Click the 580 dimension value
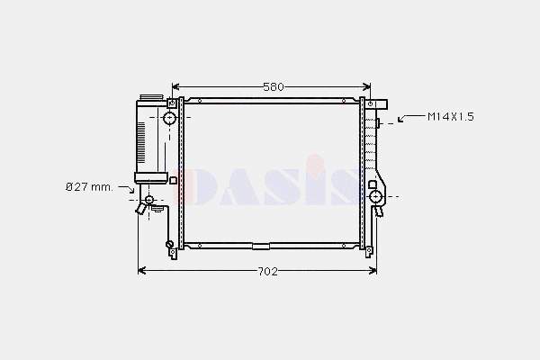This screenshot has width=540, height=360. pos(274,86)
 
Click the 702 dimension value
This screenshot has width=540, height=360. pos(268,272)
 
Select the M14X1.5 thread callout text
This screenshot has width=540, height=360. pos(451,116)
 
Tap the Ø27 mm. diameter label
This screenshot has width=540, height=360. pos(89,187)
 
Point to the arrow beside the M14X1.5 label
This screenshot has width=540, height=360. pos(411,118)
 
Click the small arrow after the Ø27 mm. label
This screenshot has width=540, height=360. pos(126,189)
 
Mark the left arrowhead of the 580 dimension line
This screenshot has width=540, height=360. pos(175,86)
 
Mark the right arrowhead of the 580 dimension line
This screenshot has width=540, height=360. pos(367,86)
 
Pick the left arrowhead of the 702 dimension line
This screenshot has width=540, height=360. pos(142,271)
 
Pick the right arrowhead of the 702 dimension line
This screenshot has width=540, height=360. pos(373,271)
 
